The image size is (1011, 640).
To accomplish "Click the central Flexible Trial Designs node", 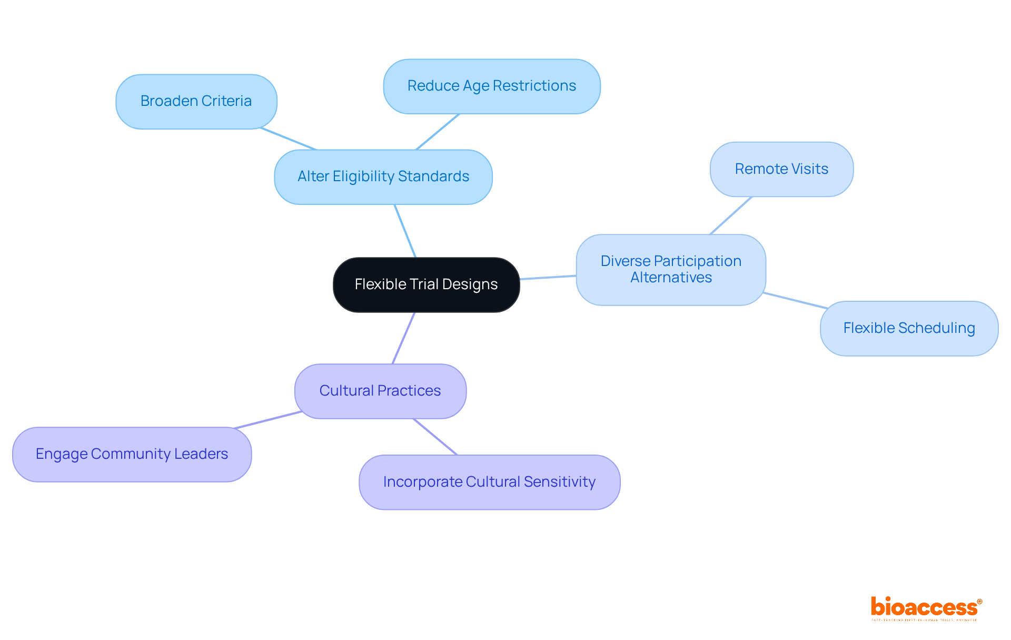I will click(x=426, y=284).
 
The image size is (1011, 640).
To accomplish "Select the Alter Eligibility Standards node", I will click(x=383, y=176).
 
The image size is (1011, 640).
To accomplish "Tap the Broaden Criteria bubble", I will click(x=196, y=101).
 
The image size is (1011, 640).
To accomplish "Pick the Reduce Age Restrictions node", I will click(x=491, y=86).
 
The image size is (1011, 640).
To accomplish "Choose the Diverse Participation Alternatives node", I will click(x=670, y=269).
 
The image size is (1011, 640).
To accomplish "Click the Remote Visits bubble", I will click(x=781, y=169).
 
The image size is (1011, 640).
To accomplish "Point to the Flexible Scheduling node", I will click(x=908, y=328).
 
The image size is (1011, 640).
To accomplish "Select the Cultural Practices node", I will click(x=380, y=391).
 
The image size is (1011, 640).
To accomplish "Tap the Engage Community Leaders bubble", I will click(x=132, y=454).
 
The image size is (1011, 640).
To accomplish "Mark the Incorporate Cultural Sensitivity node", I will click(x=489, y=482).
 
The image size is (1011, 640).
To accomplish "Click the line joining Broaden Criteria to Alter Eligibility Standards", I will click(x=288, y=139).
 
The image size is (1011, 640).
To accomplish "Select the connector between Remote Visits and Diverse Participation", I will click(x=731, y=215).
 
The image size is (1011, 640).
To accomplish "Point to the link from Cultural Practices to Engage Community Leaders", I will click(x=268, y=420).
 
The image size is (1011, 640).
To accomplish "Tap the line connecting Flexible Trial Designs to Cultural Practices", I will click(x=404, y=338).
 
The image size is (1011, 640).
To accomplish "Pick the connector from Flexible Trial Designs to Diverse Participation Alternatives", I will click(x=548, y=277).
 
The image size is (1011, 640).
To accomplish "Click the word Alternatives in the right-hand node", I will click(x=671, y=278).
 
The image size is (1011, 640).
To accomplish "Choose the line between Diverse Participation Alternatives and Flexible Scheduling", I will click(x=795, y=300).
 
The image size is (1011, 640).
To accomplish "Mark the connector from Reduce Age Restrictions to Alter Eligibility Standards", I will click(x=438, y=132).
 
